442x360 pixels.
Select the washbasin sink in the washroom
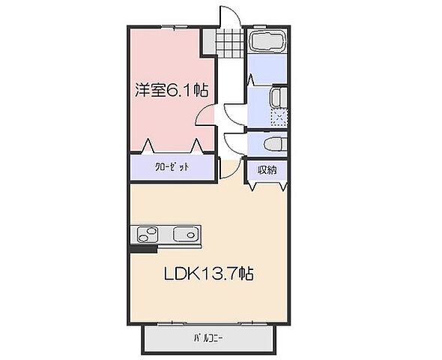point(276,97)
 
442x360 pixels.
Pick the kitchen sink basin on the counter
point(184,234)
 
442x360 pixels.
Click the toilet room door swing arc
point(235,142)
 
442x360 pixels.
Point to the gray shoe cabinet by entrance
point(208,41)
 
